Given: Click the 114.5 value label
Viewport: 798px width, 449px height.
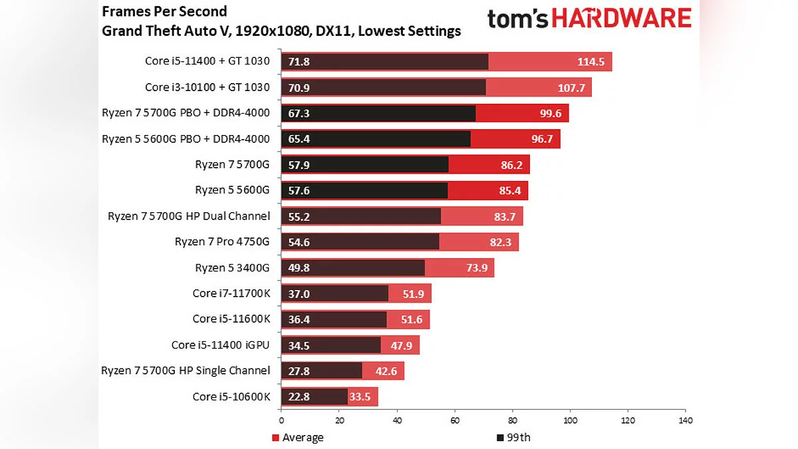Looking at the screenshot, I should tap(590, 62).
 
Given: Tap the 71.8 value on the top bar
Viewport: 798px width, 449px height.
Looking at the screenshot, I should tap(299, 62).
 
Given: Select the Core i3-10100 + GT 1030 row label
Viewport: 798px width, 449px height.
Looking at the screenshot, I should tap(207, 87).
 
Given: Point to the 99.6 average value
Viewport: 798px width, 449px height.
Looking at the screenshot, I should tap(551, 113).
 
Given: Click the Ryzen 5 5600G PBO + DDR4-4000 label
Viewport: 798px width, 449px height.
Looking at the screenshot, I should tap(186, 138).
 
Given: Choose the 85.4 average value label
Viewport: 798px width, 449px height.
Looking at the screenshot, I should tap(510, 190).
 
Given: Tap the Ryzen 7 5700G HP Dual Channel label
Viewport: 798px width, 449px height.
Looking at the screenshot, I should tap(189, 216).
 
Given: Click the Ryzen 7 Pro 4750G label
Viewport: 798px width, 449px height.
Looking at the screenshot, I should tap(222, 241).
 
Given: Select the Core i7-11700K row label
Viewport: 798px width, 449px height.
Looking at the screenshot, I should tap(231, 293).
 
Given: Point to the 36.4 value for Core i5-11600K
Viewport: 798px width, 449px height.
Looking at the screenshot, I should tap(299, 319).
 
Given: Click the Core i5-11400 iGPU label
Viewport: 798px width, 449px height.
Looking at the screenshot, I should tap(221, 345).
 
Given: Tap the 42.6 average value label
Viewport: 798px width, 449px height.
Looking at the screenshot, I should tap(386, 371).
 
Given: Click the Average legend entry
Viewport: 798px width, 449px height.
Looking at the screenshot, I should tap(298, 437).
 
